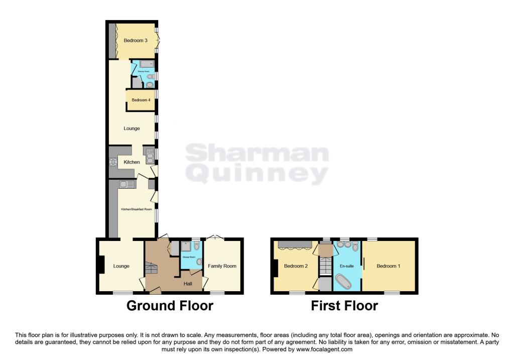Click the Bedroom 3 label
136,41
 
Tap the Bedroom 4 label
141,100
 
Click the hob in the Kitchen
112,162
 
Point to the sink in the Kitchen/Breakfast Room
126,184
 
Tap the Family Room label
222,266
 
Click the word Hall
188,284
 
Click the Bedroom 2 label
296,266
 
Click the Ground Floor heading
170,305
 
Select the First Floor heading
344,305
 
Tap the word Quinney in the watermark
257,174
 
